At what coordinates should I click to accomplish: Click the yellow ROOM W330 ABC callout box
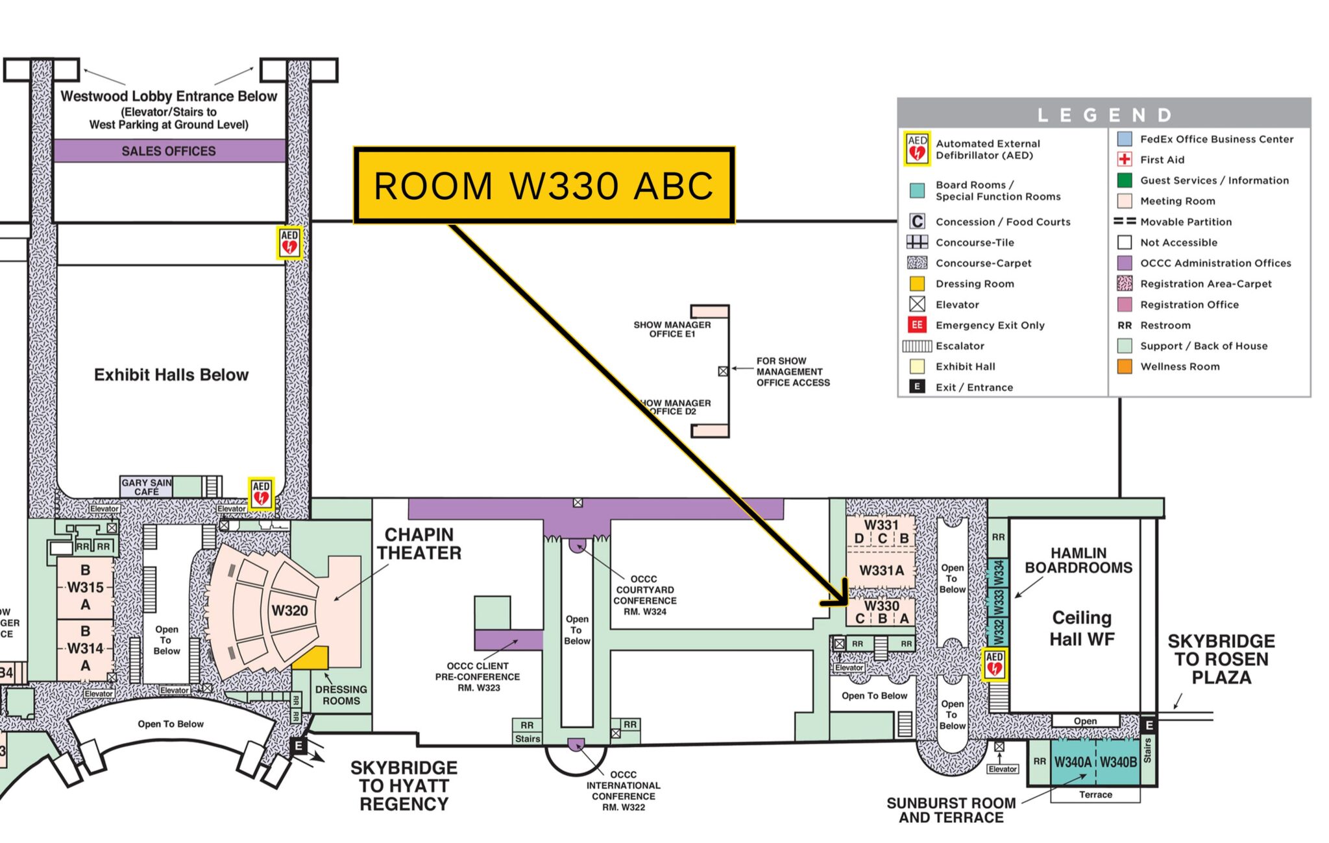click(544, 185)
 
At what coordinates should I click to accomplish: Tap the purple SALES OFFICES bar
click(169, 150)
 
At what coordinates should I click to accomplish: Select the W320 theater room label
click(289, 611)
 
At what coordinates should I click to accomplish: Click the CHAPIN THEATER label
click(419, 544)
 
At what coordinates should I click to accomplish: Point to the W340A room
click(1073, 762)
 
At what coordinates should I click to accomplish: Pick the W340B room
click(1118, 762)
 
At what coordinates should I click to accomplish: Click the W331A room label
click(881, 571)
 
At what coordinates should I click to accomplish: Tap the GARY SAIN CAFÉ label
click(147, 487)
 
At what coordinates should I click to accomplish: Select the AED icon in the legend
click(917, 148)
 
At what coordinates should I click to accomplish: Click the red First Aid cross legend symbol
click(1125, 160)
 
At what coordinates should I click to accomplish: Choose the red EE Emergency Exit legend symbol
click(917, 325)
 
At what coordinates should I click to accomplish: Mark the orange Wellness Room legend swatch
click(1125, 366)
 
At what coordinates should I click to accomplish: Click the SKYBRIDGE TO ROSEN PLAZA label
click(1221, 659)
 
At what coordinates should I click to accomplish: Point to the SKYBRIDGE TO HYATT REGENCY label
click(404, 786)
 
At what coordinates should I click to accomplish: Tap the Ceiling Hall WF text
click(1082, 628)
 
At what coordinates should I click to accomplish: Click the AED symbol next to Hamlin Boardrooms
click(994, 665)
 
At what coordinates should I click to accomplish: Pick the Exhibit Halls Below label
click(171, 375)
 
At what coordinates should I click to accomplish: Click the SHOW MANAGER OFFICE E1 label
click(672, 329)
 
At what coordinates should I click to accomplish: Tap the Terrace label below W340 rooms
click(1095, 794)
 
